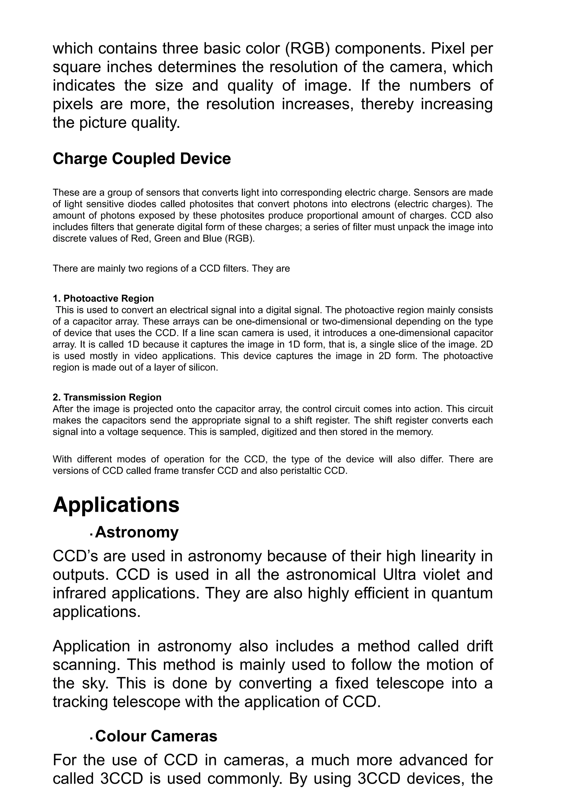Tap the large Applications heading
pyautogui.click(x=116, y=505)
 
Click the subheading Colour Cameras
pyautogui.click(x=156, y=736)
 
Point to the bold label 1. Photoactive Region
pyautogui.click(x=103, y=299)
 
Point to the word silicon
pyautogui.click(x=204, y=368)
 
